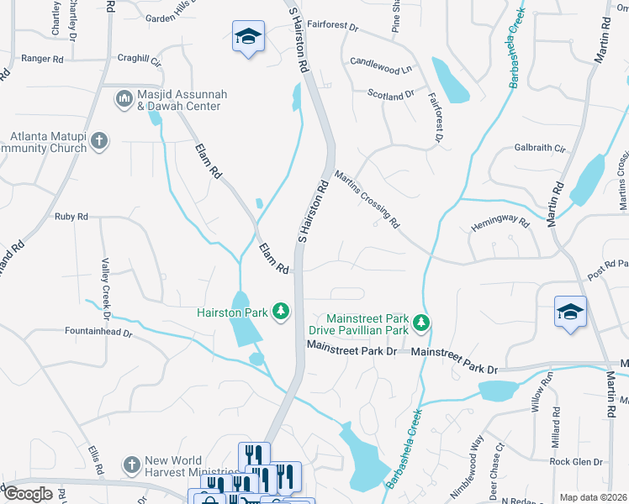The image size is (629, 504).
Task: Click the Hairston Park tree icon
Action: tap(281, 312)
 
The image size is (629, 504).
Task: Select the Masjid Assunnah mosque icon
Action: tap(124, 99)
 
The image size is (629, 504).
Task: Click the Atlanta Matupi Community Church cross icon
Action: tap(99, 140)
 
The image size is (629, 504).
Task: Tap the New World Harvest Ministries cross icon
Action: tap(130, 465)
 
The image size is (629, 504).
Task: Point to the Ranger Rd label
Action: tap(42, 59)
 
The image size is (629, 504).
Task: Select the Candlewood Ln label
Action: tap(381, 62)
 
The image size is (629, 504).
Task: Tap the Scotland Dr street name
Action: tap(391, 94)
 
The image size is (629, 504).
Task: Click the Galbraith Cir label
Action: tap(539, 148)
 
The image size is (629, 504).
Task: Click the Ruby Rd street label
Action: tap(71, 217)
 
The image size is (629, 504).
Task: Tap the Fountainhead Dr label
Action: tap(98, 332)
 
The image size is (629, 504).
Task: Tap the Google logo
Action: tap(27, 494)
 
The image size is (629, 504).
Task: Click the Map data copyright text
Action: tap(593, 497)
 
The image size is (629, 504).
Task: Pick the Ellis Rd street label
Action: tap(94, 458)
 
